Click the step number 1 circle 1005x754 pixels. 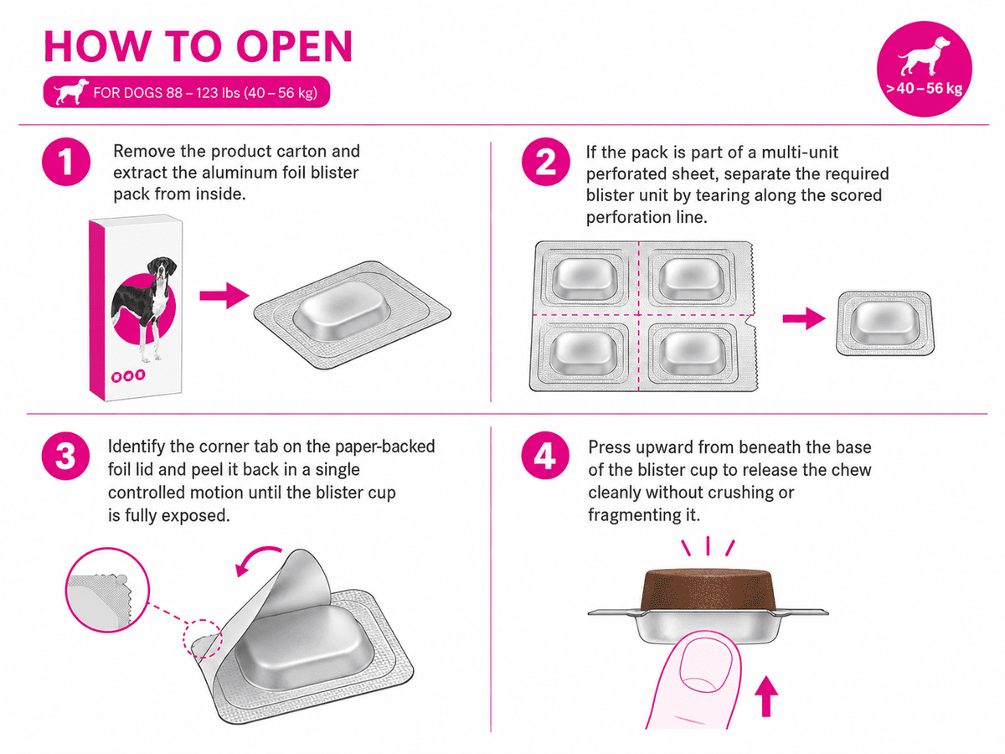(x=66, y=162)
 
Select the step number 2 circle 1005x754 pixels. (x=546, y=162)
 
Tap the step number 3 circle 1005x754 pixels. (x=66, y=456)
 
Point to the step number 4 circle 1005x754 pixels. (x=545, y=456)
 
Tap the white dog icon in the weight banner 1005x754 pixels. (x=71, y=91)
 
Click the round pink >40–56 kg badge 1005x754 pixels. (x=925, y=69)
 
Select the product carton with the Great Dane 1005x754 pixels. (x=136, y=307)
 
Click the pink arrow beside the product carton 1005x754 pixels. (x=224, y=295)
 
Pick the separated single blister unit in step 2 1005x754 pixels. (x=884, y=323)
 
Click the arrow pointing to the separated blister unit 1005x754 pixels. (x=803, y=318)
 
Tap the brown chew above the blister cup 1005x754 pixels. (x=708, y=590)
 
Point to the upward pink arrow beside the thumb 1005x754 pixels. (x=766, y=695)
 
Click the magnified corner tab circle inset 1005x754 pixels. (x=107, y=590)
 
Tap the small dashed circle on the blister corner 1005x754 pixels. (x=203, y=638)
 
